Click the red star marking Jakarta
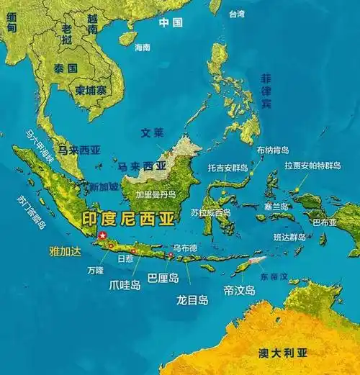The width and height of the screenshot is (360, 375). (x=102, y=235)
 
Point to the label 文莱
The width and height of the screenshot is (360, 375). (x=152, y=132)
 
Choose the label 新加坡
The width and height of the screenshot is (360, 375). (x=102, y=186)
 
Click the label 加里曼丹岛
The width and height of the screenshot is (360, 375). (x=155, y=194)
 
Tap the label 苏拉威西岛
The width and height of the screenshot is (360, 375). (x=211, y=212)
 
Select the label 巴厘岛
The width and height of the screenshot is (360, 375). (x=163, y=276)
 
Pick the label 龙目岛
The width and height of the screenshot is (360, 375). (x=192, y=299)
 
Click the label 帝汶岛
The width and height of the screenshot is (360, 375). (x=240, y=290)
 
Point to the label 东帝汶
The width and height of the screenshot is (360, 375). (x=274, y=276)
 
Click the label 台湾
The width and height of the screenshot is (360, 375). (x=237, y=14)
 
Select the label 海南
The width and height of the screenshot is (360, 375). (x=143, y=47)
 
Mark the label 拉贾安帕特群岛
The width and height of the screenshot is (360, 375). (x=312, y=165)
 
